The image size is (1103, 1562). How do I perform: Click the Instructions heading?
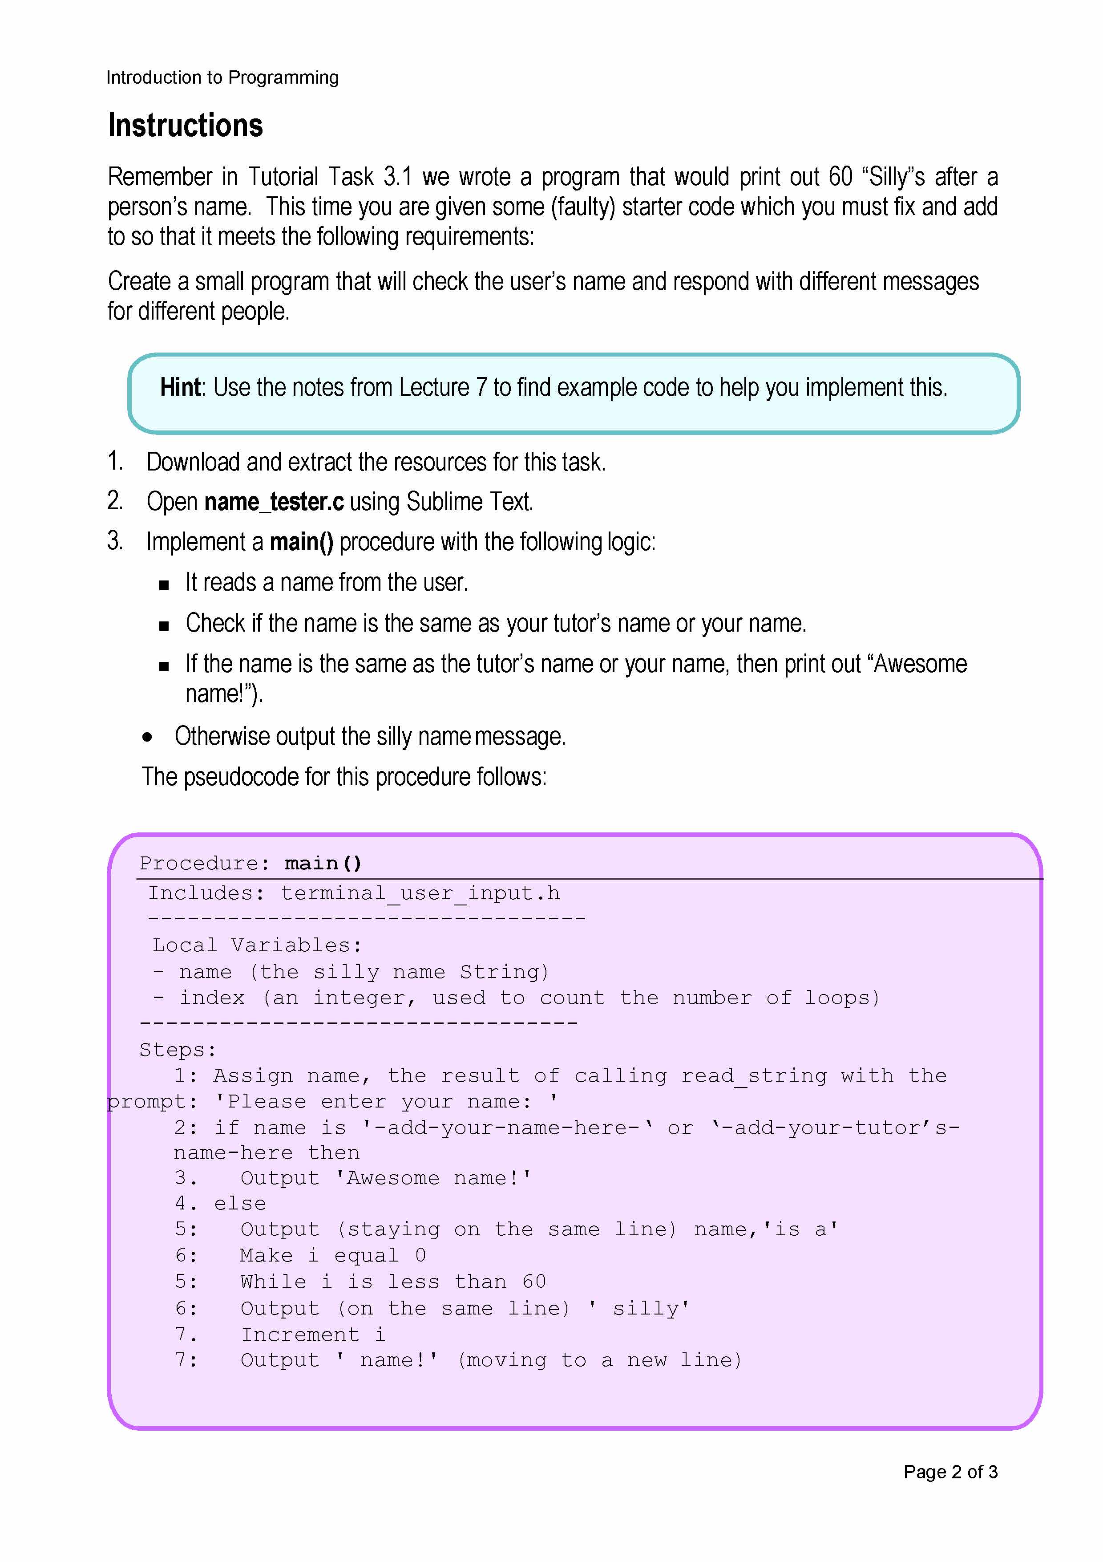pyautogui.click(x=185, y=126)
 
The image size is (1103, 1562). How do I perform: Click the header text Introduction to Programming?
pyautogui.click(x=222, y=77)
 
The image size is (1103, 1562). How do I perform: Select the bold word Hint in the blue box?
pyautogui.click(x=180, y=387)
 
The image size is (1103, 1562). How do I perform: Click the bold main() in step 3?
pyautogui.click(x=301, y=542)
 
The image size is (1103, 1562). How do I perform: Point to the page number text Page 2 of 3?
pyautogui.click(x=949, y=1472)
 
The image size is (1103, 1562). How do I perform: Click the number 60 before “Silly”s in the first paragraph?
pyautogui.click(x=840, y=177)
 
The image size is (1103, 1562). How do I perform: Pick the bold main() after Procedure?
pyautogui.click(x=323, y=863)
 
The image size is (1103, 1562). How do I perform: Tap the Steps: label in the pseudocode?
pyautogui.click(x=178, y=1050)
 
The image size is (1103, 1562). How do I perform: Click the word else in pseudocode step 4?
pyautogui.click(x=240, y=1204)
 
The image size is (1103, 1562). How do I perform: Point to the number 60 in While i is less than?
pyautogui.click(x=534, y=1282)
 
